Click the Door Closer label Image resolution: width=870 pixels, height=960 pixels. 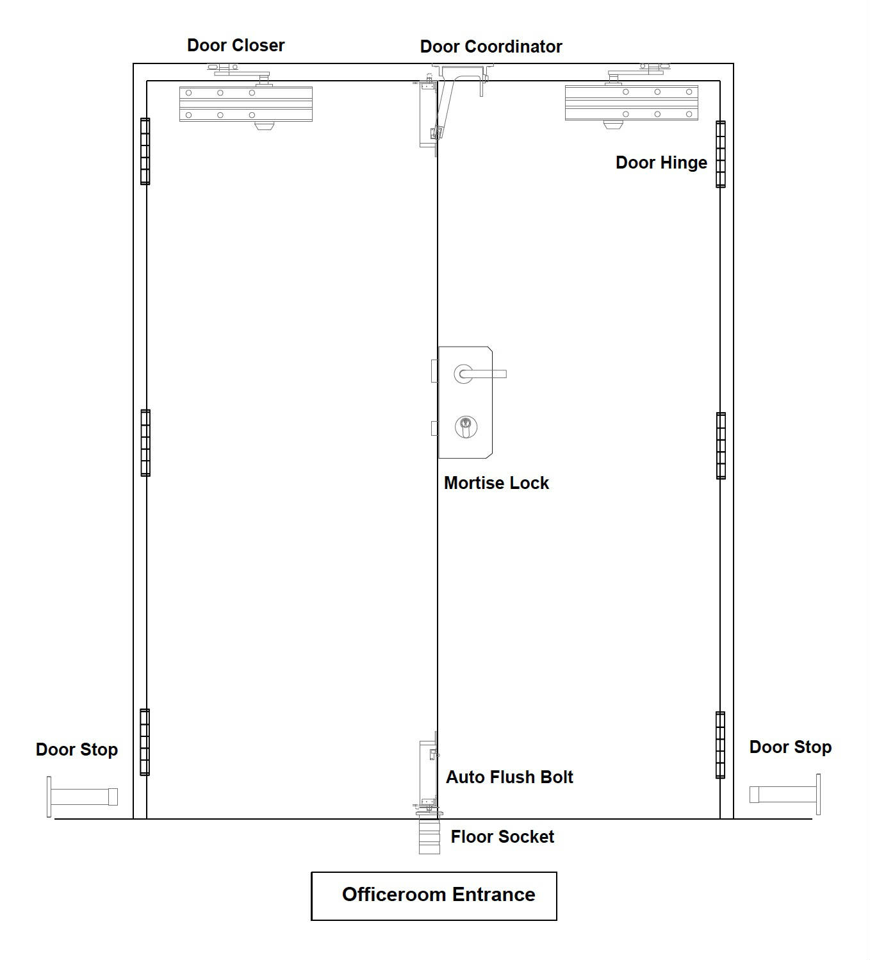click(x=236, y=46)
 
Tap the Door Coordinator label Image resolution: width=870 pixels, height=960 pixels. click(x=491, y=46)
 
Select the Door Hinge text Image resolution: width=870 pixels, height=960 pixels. click(x=661, y=163)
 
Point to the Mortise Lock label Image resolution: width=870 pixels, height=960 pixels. click(x=497, y=483)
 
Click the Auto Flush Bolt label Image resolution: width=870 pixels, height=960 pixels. click(x=509, y=777)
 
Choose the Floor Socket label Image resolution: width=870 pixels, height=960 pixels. click(x=502, y=836)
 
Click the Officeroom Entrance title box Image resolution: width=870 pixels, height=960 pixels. click(x=434, y=896)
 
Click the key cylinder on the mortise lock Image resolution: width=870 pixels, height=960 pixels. click(x=466, y=426)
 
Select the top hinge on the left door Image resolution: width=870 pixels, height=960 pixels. click(x=145, y=151)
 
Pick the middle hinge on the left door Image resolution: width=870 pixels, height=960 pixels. click(x=145, y=443)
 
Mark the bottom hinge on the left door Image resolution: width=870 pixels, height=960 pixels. click(x=145, y=742)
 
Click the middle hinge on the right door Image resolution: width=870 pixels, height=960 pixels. click(x=721, y=445)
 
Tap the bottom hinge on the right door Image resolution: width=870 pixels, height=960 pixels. click(x=720, y=745)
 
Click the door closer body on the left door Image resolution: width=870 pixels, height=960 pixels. click(x=246, y=104)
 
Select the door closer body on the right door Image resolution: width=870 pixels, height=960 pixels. click(x=631, y=103)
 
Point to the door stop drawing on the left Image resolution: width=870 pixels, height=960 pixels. click(x=82, y=797)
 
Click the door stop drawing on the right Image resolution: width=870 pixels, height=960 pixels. click(x=785, y=795)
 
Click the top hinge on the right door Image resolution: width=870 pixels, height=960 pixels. click(x=721, y=154)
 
